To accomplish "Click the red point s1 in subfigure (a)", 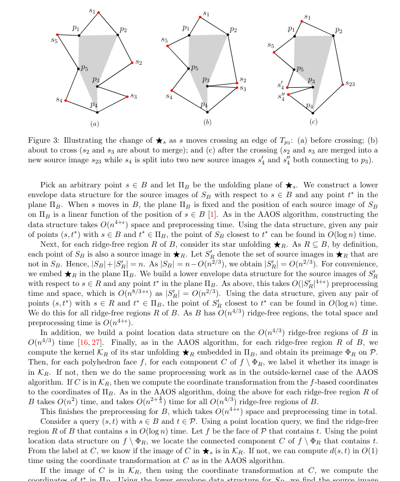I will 98,12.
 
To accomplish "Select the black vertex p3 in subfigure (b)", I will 207,86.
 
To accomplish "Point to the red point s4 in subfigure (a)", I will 66,101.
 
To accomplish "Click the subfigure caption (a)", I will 94,124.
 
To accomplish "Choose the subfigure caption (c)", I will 313,121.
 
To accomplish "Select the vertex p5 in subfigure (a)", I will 78,69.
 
